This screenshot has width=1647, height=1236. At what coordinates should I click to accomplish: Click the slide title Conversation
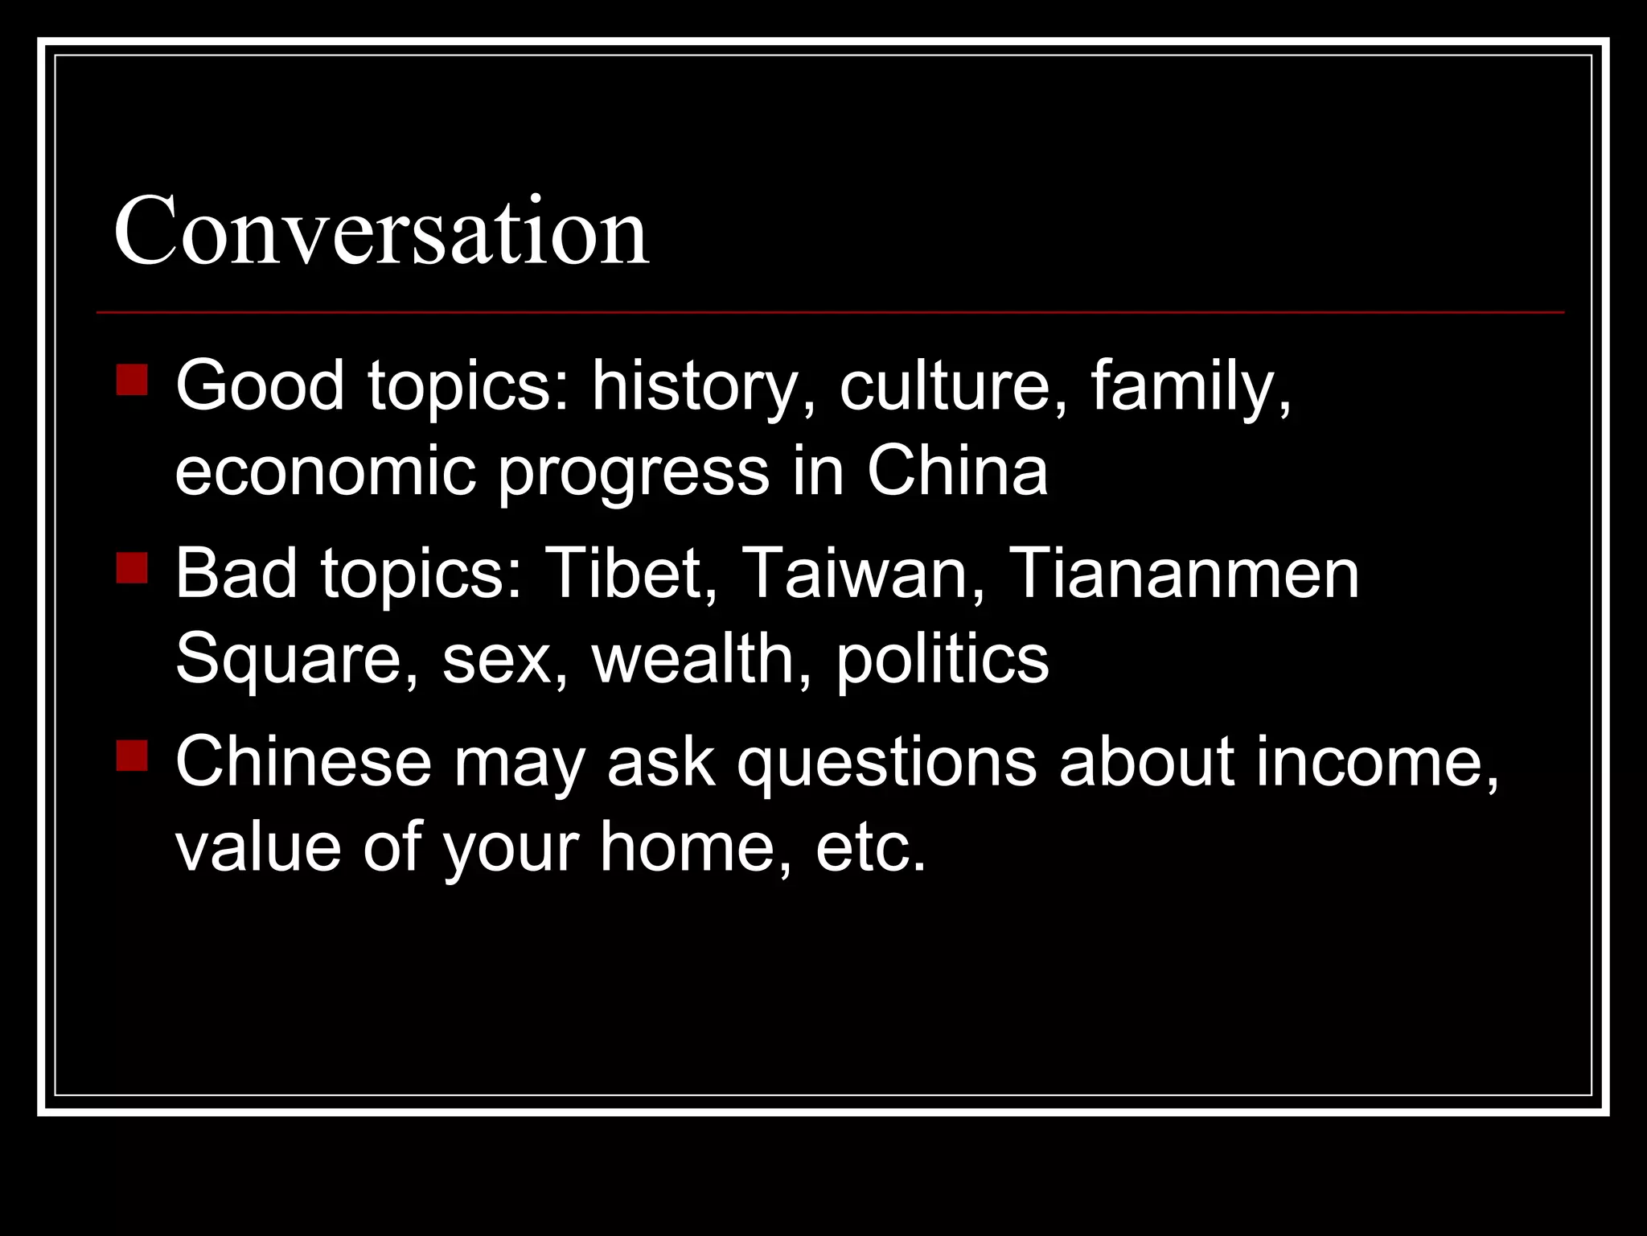click(x=381, y=232)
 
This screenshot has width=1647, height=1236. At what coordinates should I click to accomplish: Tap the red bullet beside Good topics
click(x=132, y=380)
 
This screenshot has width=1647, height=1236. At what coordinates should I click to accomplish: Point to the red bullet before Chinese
click(x=132, y=756)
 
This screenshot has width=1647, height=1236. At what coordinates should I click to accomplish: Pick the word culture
click(x=955, y=386)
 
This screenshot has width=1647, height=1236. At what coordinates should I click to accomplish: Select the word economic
click(x=326, y=472)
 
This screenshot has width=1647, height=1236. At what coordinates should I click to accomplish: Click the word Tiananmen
click(x=1183, y=575)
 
